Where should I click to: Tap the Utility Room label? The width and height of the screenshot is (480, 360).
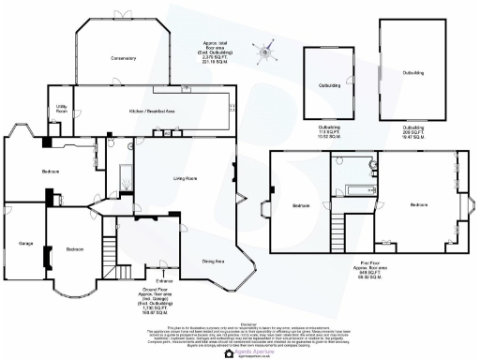click(61, 110)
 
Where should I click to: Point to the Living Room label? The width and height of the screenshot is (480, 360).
click(170, 177)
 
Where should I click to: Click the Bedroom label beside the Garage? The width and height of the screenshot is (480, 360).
click(75, 249)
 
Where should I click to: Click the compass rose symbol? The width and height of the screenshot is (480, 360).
click(266, 52)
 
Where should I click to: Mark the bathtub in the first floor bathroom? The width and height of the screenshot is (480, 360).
click(358, 190)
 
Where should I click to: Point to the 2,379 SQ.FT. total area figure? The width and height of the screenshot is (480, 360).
click(217, 58)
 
